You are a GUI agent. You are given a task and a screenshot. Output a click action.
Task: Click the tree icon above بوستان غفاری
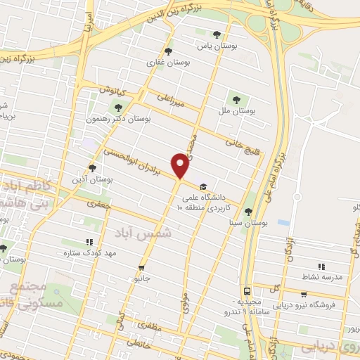coord(167,51)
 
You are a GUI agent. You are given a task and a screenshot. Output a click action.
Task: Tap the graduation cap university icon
coord(203,187)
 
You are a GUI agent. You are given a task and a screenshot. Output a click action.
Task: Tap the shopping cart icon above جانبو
coord(142,268)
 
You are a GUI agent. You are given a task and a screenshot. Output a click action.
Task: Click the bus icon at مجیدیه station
coord(247,290)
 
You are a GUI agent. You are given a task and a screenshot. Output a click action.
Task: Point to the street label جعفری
coord(95,203)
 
